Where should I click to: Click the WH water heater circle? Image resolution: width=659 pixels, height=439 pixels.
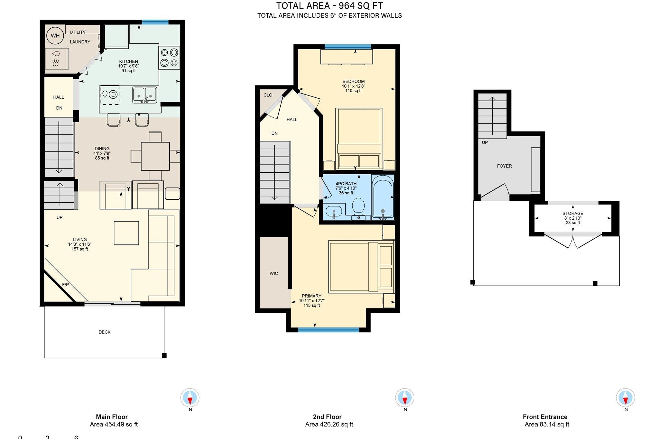pos(55,35)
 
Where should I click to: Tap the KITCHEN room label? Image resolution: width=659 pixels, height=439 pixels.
pos(128,61)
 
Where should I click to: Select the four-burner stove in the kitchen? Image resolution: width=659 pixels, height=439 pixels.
pos(169,58)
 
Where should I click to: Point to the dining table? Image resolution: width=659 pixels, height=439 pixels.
pos(155,156)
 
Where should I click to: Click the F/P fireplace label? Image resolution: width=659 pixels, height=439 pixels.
pos(65,285)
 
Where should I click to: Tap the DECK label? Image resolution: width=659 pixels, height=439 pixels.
pos(105,332)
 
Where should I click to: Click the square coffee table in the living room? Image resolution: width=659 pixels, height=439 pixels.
pos(126,233)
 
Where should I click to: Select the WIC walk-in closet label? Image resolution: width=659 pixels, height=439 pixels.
pos(274,273)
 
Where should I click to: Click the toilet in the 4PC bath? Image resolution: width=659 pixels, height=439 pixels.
pos(358,207)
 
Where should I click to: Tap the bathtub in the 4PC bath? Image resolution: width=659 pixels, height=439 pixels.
pos(383,197)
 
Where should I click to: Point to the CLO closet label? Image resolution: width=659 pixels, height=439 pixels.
pos(268,95)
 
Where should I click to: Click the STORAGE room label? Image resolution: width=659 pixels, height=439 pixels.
pos(573,213)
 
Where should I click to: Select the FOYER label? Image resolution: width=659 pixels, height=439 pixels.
pos(504,166)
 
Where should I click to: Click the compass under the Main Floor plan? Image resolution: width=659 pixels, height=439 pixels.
pos(190,398)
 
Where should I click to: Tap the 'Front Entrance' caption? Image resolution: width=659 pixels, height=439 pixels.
pos(545,417)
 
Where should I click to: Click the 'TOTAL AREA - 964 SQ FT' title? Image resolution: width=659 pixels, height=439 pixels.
pos(329,6)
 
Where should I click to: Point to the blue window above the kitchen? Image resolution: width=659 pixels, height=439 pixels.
pos(155,22)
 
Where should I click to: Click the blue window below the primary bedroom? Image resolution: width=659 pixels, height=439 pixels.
pos(328,330)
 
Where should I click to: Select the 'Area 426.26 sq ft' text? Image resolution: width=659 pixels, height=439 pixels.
pos(329,425)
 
